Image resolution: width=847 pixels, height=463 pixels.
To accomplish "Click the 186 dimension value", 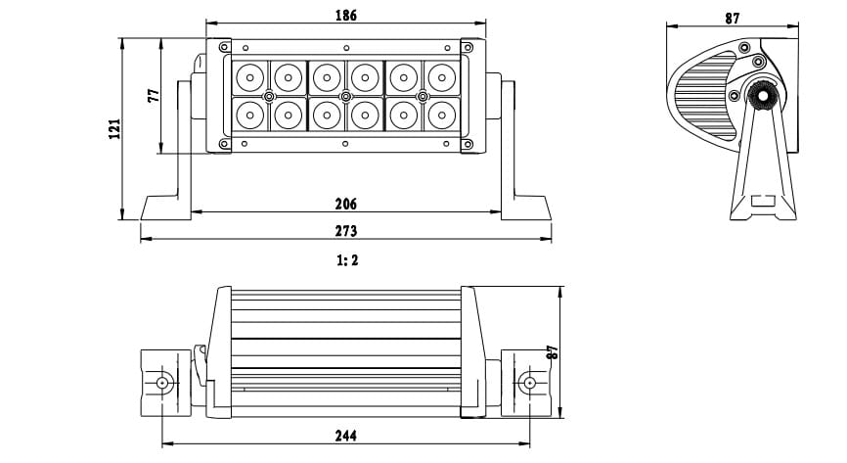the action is (345, 15).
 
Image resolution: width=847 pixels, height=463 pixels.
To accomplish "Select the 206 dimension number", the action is (345, 204).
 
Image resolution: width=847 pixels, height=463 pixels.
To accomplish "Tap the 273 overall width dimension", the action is (345, 231).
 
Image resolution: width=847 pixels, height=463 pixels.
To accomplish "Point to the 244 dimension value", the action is (345, 436).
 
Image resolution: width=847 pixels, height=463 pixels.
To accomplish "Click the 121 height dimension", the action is (114, 129).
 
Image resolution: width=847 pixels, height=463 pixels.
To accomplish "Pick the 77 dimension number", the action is (154, 96).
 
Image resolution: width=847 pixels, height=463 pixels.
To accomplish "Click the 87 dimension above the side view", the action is (732, 19).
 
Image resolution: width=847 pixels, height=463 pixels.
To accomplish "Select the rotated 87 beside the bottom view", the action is (552, 352).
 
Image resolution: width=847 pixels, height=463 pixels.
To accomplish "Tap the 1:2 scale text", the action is (347, 260).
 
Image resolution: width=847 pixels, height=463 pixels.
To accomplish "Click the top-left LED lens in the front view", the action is (250, 78).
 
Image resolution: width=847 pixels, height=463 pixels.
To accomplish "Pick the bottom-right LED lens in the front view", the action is (442, 116).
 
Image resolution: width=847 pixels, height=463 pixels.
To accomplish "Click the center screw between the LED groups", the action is (345, 97).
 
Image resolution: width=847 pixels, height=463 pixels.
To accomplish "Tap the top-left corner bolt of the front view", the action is (224, 47).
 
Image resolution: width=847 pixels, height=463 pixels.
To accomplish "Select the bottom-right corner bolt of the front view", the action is (468, 145).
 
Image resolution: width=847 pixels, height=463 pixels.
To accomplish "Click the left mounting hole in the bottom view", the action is (162, 383).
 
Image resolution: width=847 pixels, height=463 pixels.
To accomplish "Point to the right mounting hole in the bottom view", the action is (529, 383).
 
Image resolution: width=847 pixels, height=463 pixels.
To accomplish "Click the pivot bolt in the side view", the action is (763, 96).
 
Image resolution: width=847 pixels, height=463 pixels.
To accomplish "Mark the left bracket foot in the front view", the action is (166, 208).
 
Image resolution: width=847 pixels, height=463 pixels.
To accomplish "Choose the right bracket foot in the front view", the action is (526, 208).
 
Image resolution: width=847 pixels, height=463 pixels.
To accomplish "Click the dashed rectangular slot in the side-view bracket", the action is (763, 201).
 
